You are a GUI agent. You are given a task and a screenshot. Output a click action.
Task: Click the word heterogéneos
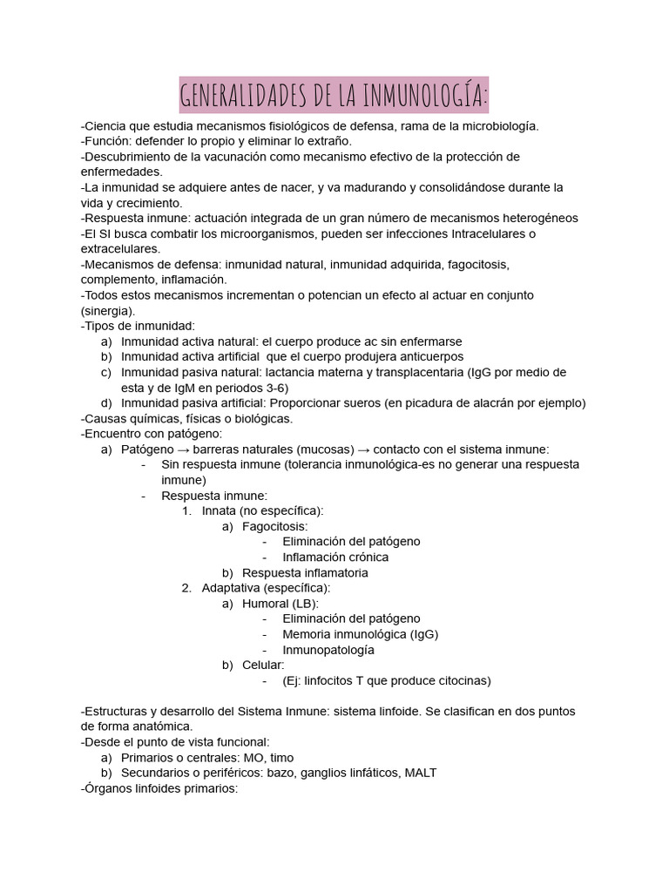pyautogui.click(x=539, y=219)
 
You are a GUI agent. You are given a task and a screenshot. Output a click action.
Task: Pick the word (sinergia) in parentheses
pyautogui.click(x=108, y=311)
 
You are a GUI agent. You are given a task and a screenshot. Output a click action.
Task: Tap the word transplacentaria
pyautogui.click(x=416, y=372)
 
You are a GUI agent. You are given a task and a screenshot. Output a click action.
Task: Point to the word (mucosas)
pyautogui.click(x=323, y=449)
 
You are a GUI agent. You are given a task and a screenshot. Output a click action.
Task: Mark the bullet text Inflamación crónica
pyautogui.click(x=335, y=557)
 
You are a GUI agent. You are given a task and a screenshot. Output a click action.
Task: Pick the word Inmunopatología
pyautogui.click(x=328, y=650)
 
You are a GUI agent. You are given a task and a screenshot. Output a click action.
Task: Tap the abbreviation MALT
pyautogui.click(x=421, y=773)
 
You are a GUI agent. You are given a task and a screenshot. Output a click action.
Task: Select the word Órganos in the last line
pyautogui.click(x=108, y=788)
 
